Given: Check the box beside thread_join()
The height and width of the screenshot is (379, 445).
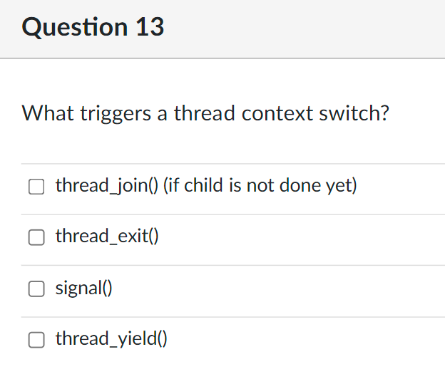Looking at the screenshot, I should (36, 187).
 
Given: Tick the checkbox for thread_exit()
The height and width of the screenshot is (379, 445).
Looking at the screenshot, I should (36, 238).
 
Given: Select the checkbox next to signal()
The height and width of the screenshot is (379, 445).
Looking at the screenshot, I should (36, 289).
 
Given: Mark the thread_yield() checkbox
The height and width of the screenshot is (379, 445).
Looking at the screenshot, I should (36, 340).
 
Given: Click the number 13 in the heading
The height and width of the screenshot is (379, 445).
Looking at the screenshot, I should (148, 27).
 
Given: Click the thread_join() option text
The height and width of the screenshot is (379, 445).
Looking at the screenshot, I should (107, 187).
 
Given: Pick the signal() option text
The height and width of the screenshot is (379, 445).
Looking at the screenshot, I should (84, 289).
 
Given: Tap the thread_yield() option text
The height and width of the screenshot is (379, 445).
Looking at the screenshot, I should (111, 339).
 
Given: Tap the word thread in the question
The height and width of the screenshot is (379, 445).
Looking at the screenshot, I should (204, 113).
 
